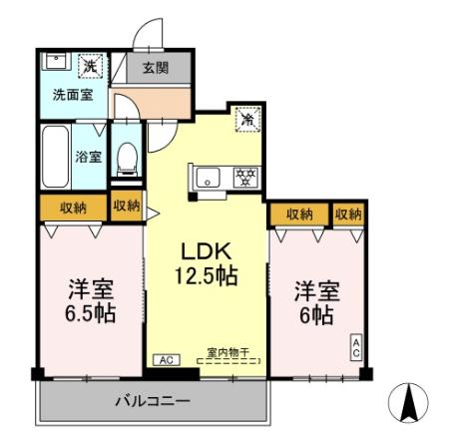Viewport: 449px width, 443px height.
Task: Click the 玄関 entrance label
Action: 155,68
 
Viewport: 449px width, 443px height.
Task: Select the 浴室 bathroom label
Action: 89,156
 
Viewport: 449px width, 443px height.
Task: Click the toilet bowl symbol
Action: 126,157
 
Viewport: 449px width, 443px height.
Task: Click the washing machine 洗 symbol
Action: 91,66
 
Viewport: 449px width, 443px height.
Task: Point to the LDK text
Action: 208,250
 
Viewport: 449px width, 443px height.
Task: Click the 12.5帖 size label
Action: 208,274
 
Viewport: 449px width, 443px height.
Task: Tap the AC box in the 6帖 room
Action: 355,347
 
